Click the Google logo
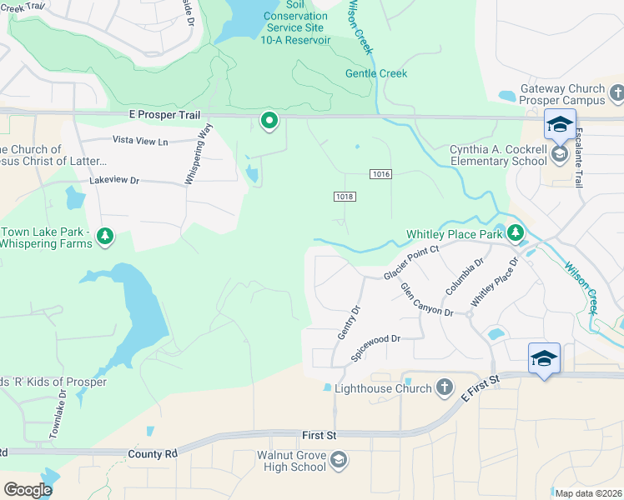(28, 490)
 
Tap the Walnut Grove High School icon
(338, 460)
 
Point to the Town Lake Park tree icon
(105, 237)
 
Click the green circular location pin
(269, 122)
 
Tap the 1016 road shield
(380, 173)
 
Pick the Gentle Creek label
(376, 73)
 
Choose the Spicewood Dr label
(376, 345)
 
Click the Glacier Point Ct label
(410, 262)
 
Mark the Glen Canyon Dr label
(425, 300)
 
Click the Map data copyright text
(588, 493)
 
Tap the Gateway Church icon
(617, 90)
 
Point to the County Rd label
(153, 454)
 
